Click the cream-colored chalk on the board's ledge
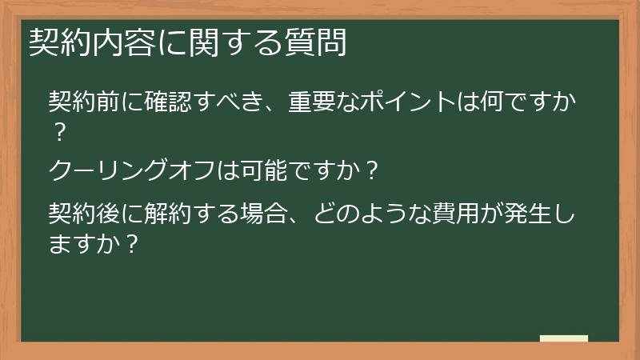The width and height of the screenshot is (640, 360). pyautogui.click(x=563, y=338)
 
